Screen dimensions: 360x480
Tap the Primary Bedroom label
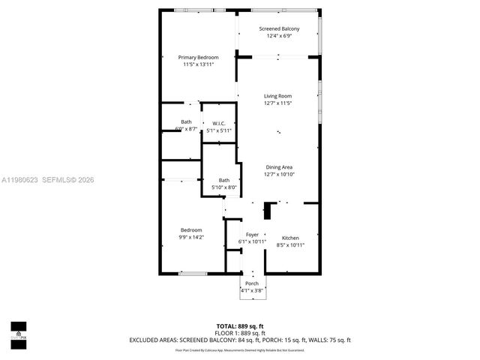pos(198,58)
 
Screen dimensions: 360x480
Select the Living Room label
pos(277,96)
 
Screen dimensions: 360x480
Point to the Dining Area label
pos(278,166)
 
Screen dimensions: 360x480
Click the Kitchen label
pos(290,237)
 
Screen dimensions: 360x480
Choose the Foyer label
pos(252,235)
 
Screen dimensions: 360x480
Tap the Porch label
pos(252,283)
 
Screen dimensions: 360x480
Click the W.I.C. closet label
pos(219,123)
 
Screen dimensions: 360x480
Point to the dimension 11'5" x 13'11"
pos(198,64)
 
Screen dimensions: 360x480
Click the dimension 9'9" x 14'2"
pos(191,237)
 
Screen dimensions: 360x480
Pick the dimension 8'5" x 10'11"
pos(290,244)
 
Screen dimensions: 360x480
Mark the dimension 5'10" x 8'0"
pos(224,187)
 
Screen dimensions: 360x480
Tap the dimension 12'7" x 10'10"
pos(278,174)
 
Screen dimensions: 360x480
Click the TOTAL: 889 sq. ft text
pos(240,325)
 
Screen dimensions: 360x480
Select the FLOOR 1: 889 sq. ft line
pos(240,332)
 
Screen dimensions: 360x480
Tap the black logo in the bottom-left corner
pos(17,331)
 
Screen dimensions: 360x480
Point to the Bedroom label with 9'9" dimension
pos(191,229)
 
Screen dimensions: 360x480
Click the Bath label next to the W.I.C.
pos(186,122)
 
